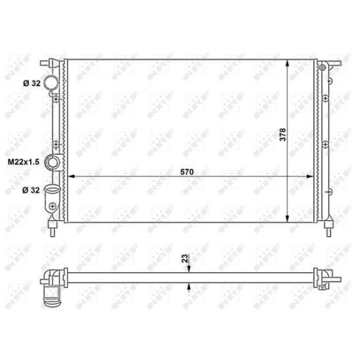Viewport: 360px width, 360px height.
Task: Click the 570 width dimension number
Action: tap(186, 172)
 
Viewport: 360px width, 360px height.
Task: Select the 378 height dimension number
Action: tap(283, 135)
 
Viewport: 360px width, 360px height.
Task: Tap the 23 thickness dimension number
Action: tap(185, 258)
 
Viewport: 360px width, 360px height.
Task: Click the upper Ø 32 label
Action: tap(32, 84)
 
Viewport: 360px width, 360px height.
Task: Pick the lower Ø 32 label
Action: tap(31, 190)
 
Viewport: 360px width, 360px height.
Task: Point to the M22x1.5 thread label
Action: tap(24, 162)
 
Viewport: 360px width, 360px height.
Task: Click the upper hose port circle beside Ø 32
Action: tap(51, 81)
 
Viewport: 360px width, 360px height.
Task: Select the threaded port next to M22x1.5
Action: tap(53, 162)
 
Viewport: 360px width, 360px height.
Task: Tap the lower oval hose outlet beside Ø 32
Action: tap(51, 189)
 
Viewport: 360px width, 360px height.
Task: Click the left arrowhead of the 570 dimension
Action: tap(71, 176)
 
